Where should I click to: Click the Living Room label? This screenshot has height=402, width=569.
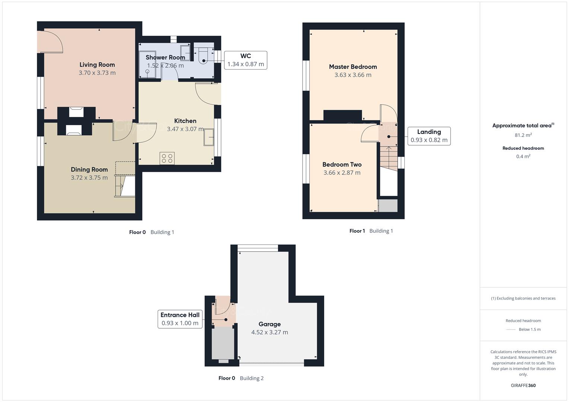(x=97, y=65)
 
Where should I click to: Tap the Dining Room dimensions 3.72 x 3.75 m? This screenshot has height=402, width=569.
(x=89, y=178)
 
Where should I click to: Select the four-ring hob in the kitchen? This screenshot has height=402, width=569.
(x=167, y=159)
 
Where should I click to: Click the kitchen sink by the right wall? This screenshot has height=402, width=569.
(x=209, y=137)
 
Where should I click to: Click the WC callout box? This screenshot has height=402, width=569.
(x=246, y=60)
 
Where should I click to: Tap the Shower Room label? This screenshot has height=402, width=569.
(x=165, y=57)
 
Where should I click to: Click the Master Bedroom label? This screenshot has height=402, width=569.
(x=353, y=67)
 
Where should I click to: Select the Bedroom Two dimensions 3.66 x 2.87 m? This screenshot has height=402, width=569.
(x=342, y=173)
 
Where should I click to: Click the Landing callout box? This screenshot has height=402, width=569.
(x=429, y=136)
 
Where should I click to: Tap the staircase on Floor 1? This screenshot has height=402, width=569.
(x=388, y=158)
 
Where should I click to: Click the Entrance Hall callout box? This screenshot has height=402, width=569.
(x=180, y=319)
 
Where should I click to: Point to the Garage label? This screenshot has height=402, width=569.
(x=269, y=324)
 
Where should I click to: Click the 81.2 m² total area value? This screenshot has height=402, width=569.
(x=523, y=135)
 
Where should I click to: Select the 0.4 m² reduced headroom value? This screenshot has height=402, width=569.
(x=523, y=156)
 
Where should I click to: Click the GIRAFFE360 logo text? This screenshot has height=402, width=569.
(x=523, y=385)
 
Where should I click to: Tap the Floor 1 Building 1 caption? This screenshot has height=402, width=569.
(x=371, y=231)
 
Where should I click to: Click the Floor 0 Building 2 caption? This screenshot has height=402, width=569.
(x=241, y=378)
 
